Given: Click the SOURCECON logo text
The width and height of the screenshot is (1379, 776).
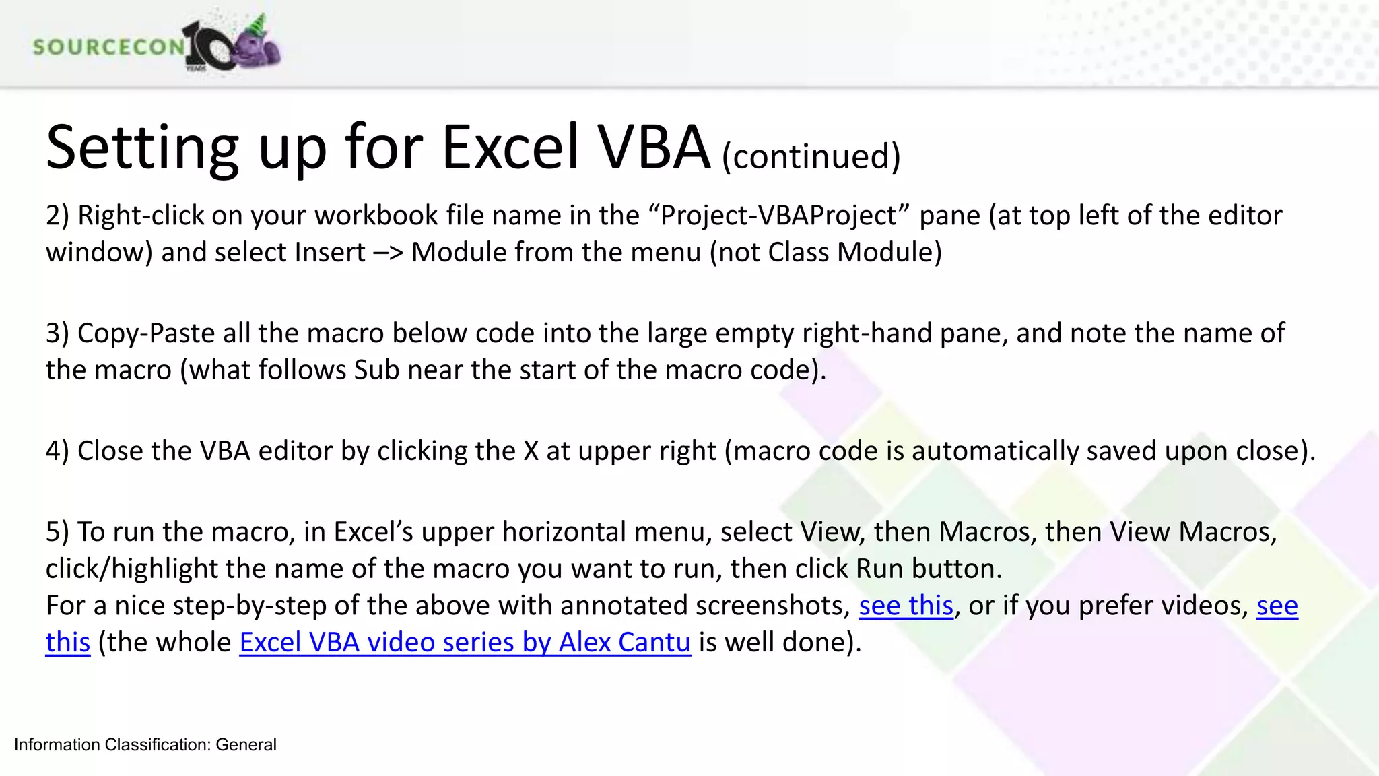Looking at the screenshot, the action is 108,46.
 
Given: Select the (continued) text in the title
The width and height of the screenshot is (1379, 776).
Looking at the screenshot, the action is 811,156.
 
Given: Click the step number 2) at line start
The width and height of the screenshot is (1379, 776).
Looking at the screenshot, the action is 58,216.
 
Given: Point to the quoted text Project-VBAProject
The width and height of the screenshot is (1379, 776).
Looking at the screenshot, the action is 780,216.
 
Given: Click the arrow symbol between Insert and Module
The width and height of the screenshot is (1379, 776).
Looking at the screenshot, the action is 389,253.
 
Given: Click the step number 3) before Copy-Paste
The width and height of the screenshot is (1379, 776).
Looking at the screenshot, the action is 58,333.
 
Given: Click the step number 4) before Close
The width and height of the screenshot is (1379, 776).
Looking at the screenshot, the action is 58,451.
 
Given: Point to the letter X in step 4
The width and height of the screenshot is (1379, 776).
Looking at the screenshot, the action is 531,451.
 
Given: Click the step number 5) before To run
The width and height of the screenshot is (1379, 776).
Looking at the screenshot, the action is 58,532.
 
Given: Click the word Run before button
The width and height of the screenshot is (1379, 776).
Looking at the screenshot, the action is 879,569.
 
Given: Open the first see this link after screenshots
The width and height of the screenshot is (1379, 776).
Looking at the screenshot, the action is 906,606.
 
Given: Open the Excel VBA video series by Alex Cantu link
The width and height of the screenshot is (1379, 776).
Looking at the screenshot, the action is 465,642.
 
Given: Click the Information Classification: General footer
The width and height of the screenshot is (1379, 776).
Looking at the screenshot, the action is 145,744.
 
